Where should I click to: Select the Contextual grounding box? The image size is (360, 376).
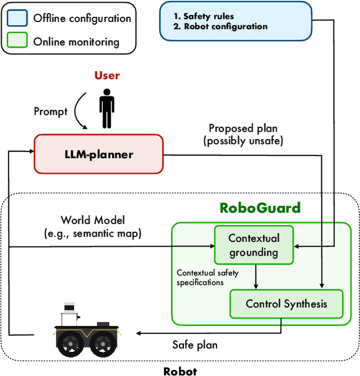point(253,245)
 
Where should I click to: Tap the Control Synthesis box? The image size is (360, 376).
point(286,304)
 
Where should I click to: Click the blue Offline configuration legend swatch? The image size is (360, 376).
point(17,17)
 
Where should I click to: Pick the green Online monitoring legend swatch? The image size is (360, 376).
point(17,41)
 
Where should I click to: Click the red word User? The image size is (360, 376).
point(107,75)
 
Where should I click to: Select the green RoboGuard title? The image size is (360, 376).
point(260,208)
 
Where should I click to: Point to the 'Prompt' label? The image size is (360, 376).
point(51,111)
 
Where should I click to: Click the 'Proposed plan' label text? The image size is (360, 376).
point(242,129)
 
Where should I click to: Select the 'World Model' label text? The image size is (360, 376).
point(93,220)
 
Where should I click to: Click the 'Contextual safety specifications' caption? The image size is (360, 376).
point(208,277)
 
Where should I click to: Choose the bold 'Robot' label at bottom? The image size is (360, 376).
point(180,370)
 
